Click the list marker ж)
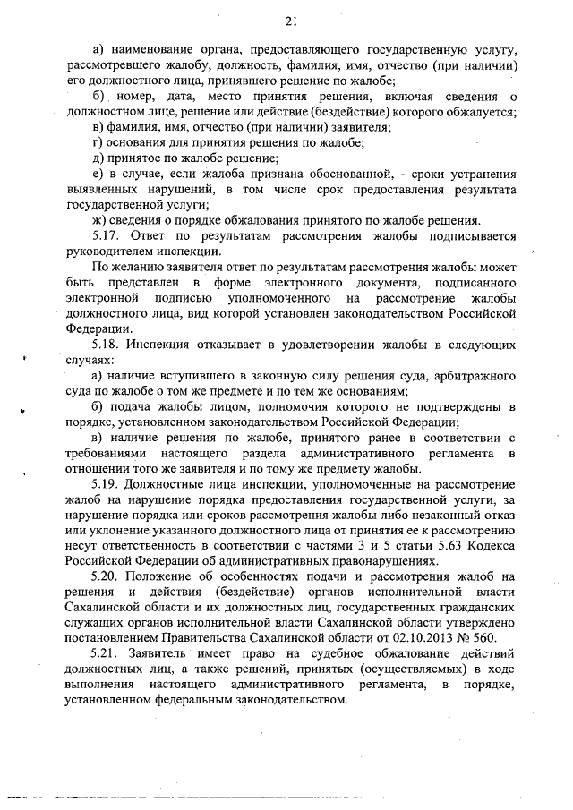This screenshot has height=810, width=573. point(101,222)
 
